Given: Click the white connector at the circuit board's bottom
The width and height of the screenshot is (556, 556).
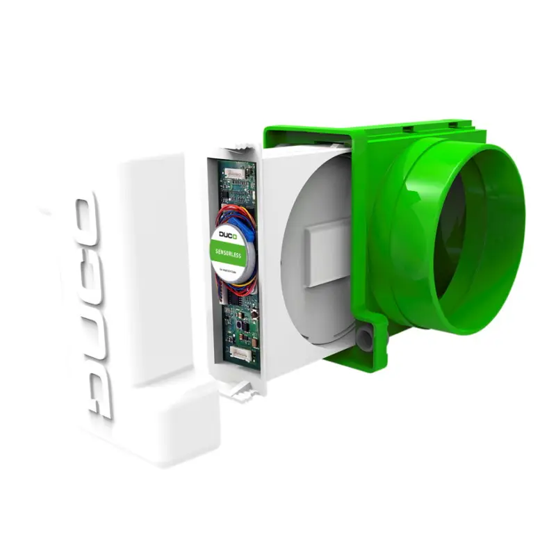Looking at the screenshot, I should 240,354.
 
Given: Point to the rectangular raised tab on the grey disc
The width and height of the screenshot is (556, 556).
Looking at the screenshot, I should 323,254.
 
